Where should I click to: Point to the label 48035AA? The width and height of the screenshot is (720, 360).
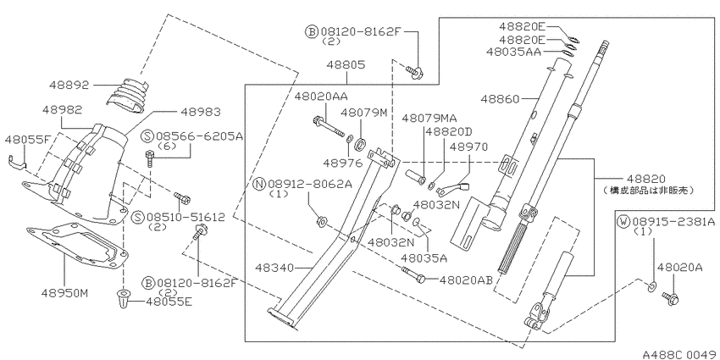(x=514, y=52)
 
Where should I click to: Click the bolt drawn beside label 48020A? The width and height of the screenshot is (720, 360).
(x=673, y=298)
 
